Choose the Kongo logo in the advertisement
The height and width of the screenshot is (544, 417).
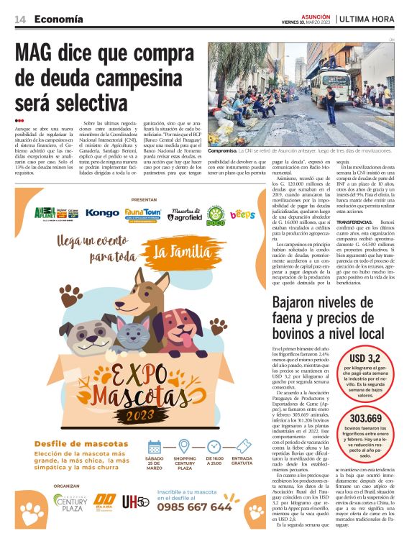(x=102, y=213)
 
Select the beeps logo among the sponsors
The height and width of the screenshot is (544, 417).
(x=242, y=214)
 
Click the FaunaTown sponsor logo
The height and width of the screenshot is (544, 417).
(x=142, y=214)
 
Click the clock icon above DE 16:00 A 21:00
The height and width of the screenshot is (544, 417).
(x=214, y=445)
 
